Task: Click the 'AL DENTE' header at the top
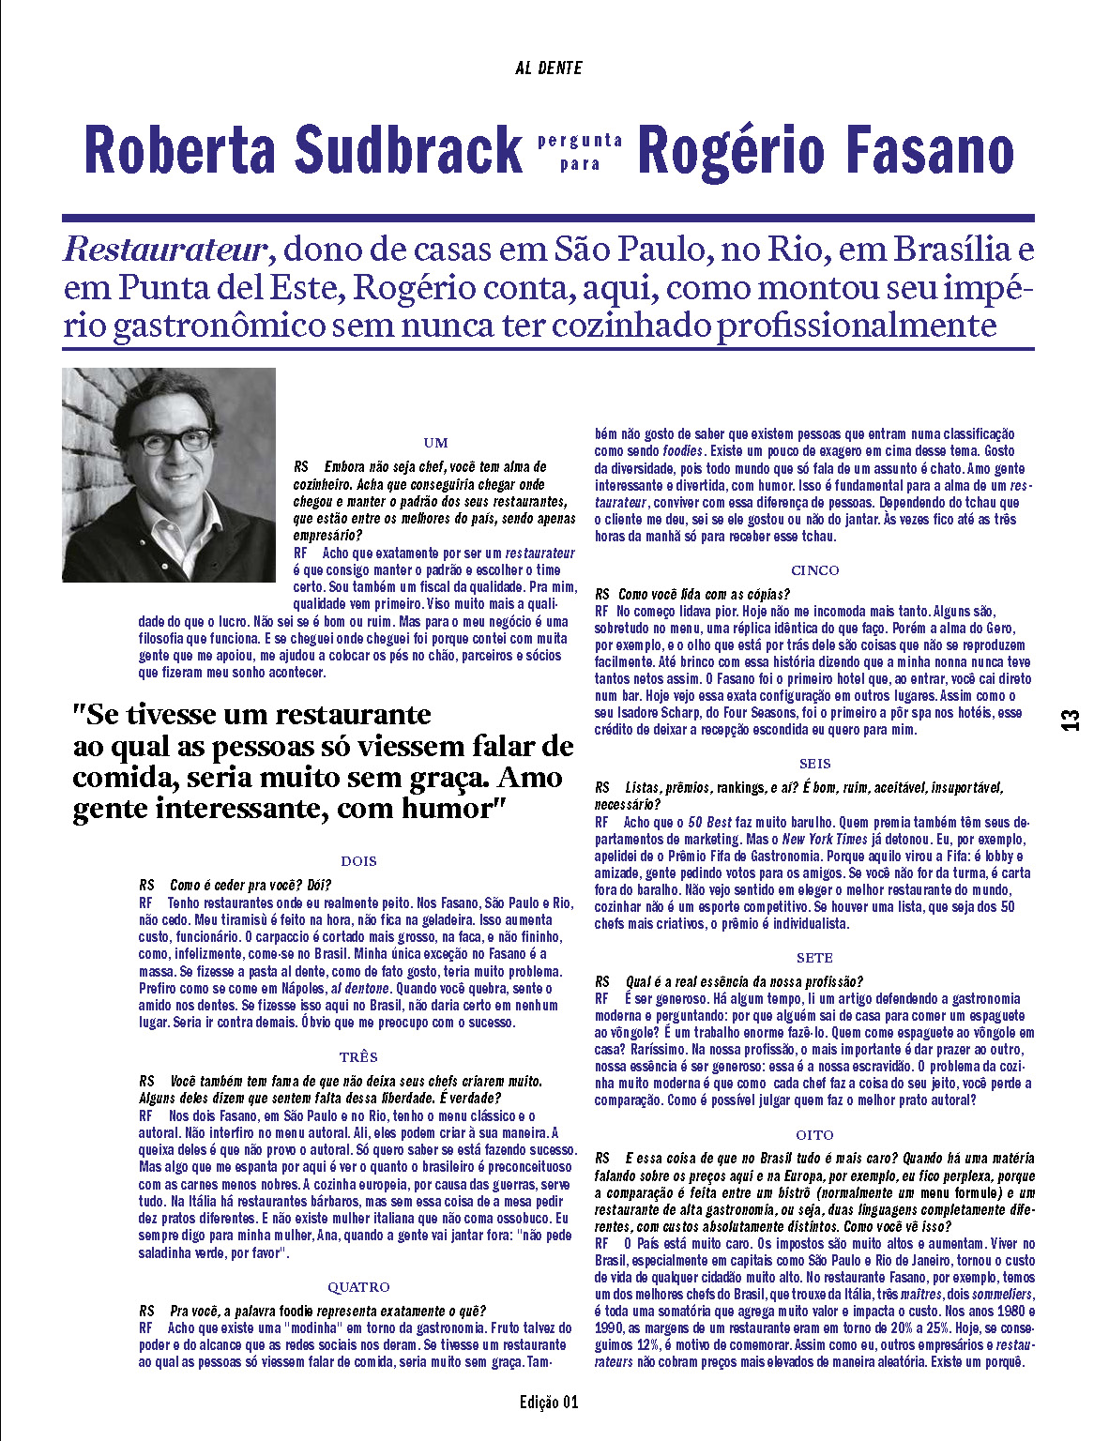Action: pos(549,68)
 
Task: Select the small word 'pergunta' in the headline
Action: pos(580,141)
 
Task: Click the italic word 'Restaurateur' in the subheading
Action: pos(166,250)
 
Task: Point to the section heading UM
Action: pos(435,443)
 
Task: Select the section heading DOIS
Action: pos(358,860)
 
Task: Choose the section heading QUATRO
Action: pos(358,1287)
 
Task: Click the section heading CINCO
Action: pos(814,570)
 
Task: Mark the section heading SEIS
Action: pos(814,764)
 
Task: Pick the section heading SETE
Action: pos(814,958)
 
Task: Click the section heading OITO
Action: pos(814,1135)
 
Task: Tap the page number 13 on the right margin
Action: pos(1071,720)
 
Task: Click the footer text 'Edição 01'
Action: pos(549,1403)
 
